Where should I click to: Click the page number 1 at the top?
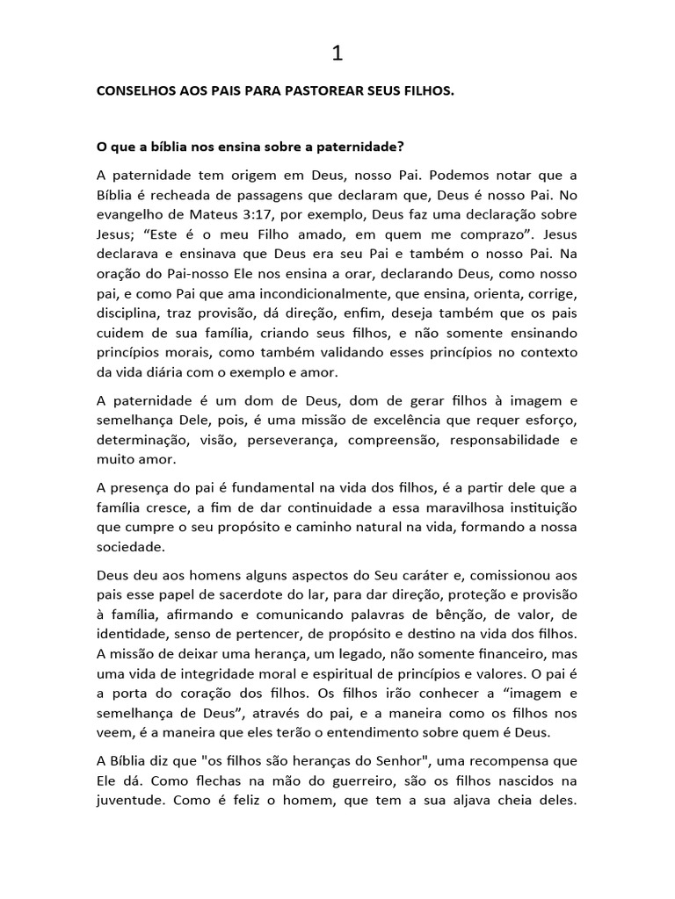[x=337, y=54]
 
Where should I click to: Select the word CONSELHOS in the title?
[x=138, y=91]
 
